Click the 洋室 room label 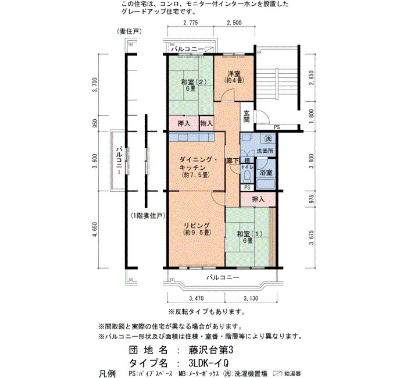pos(234,73)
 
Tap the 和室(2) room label pos(194,82)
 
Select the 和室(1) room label pos(249,234)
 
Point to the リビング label pos(197,226)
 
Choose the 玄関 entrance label pos(247,116)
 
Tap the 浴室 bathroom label pos(266,172)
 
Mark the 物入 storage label pos(206,123)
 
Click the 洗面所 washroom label pos(265,151)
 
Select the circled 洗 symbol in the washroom pos(268,138)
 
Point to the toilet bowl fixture pos(247,176)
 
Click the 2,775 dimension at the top pos(190,23)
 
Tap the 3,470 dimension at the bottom pos(197,298)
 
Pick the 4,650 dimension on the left pos(95,229)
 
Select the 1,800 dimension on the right pos(312,116)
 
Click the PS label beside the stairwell pos(277,127)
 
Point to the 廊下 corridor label pos(233,161)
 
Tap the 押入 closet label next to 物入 pos(184,123)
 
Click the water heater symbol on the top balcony pos(209,49)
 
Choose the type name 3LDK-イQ pos(208,363)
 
